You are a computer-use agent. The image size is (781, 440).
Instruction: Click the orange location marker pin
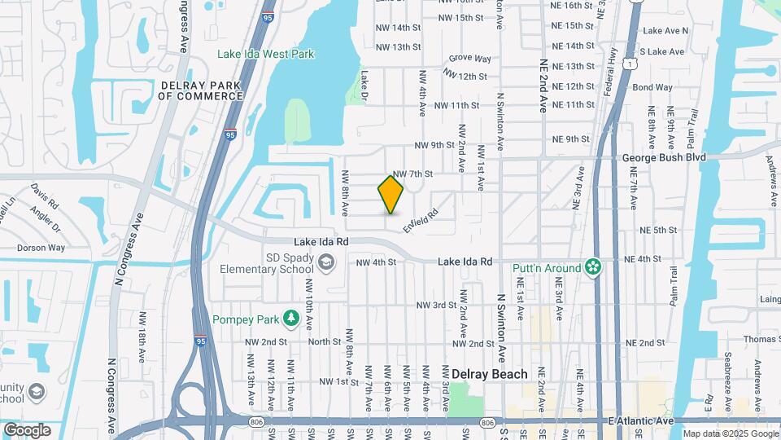[390, 195]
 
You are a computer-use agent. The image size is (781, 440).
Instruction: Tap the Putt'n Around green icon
[594, 267]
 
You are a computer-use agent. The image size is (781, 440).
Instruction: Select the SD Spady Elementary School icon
[326, 262]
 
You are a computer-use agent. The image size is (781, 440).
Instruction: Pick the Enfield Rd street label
[421, 219]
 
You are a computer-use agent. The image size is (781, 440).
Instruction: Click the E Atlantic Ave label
[641, 420]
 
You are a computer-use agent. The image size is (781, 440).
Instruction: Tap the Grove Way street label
[470, 59]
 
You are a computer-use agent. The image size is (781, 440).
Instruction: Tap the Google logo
[27, 430]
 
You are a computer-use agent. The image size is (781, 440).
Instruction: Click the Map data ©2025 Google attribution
[730, 433]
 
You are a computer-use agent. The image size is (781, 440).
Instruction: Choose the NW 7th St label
[412, 174]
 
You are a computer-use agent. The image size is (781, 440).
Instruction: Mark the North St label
[324, 342]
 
